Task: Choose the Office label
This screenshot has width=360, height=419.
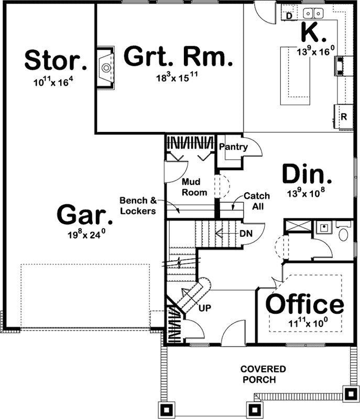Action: (304, 304)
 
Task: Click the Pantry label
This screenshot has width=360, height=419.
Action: (233, 147)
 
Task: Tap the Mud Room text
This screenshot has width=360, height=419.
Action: (194, 187)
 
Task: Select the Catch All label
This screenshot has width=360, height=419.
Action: (256, 201)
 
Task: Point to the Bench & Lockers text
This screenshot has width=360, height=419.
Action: (138, 205)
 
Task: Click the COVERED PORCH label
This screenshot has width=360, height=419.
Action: (264, 374)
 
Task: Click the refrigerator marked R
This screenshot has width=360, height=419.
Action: (344, 117)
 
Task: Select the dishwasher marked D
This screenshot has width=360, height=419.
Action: (289, 16)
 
